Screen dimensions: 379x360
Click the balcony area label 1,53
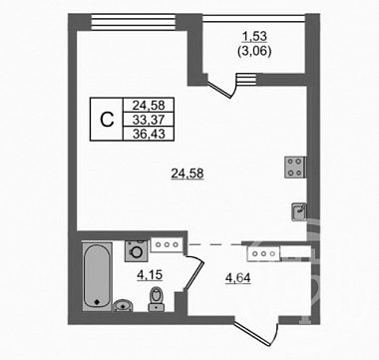(x=255, y=36)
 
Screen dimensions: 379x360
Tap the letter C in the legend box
(x=107, y=120)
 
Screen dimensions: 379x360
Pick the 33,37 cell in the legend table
(x=149, y=120)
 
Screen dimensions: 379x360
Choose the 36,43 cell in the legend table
(x=149, y=134)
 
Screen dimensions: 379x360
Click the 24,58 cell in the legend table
(x=149, y=105)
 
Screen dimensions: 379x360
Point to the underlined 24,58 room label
(x=188, y=174)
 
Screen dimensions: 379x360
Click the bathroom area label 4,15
(x=150, y=275)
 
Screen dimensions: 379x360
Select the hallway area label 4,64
(x=237, y=277)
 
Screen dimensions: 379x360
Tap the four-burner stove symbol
(x=295, y=168)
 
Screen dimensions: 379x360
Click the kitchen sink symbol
(x=299, y=212)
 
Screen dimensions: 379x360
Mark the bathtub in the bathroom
(x=97, y=276)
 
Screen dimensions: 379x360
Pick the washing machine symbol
(x=136, y=250)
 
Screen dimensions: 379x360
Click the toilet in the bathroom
(x=156, y=299)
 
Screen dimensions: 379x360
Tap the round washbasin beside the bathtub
(x=124, y=305)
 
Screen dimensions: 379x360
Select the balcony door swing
(x=221, y=87)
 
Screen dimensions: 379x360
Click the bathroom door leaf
(x=193, y=273)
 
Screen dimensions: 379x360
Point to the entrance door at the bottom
(x=255, y=331)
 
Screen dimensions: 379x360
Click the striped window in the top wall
(x=133, y=22)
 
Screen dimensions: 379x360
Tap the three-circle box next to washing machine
(x=167, y=244)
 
